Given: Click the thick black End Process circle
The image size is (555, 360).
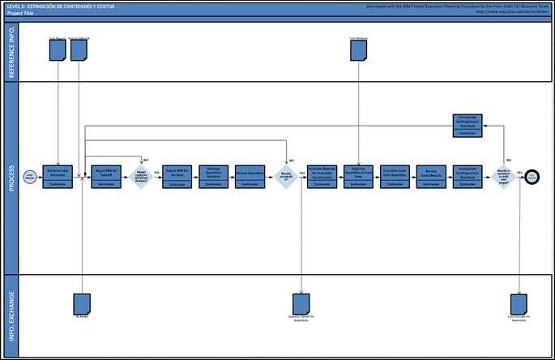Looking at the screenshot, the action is (532, 177).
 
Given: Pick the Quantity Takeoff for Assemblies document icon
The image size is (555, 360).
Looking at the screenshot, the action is (301, 303).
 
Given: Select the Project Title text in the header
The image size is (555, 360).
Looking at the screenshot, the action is (22, 14).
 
